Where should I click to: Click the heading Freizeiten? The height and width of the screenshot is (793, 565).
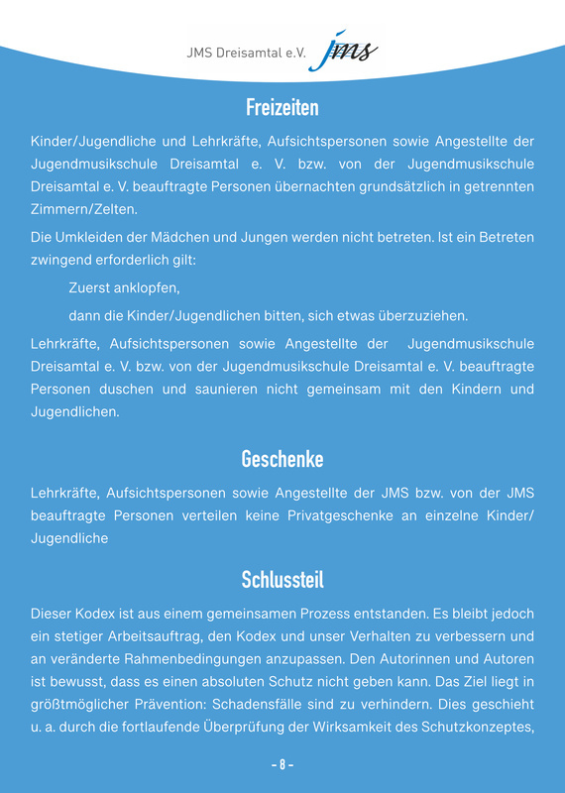click(x=282, y=106)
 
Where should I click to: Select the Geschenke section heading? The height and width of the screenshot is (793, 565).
click(x=282, y=459)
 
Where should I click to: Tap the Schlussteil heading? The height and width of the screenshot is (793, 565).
click(x=282, y=579)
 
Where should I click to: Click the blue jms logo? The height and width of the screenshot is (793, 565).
click(x=341, y=50)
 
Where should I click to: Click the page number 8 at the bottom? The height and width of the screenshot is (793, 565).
click(x=282, y=765)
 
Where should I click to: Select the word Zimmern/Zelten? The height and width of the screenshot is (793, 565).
click(x=84, y=209)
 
